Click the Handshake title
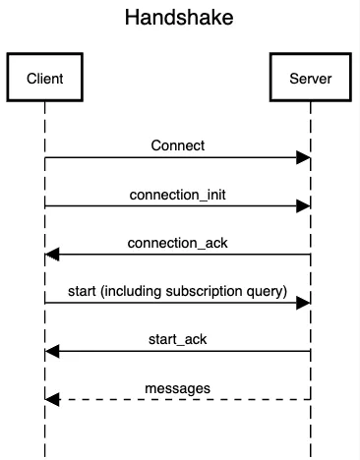click(178, 19)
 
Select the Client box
click(44, 78)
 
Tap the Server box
click(311, 78)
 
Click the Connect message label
click(178, 145)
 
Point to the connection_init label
click(178, 194)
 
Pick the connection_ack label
click(178, 242)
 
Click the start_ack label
click(178, 339)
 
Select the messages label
click(178, 387)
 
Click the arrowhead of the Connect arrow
click(305, 157)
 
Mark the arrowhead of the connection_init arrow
click(305, 205)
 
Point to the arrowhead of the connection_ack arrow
click(51, 255)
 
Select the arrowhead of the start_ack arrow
click(51, 351)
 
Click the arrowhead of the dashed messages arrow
click(51, 400)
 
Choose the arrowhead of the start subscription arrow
click(305, 303)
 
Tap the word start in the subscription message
click(82, 291)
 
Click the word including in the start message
click(131, 291)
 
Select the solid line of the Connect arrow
click(177, 157)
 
